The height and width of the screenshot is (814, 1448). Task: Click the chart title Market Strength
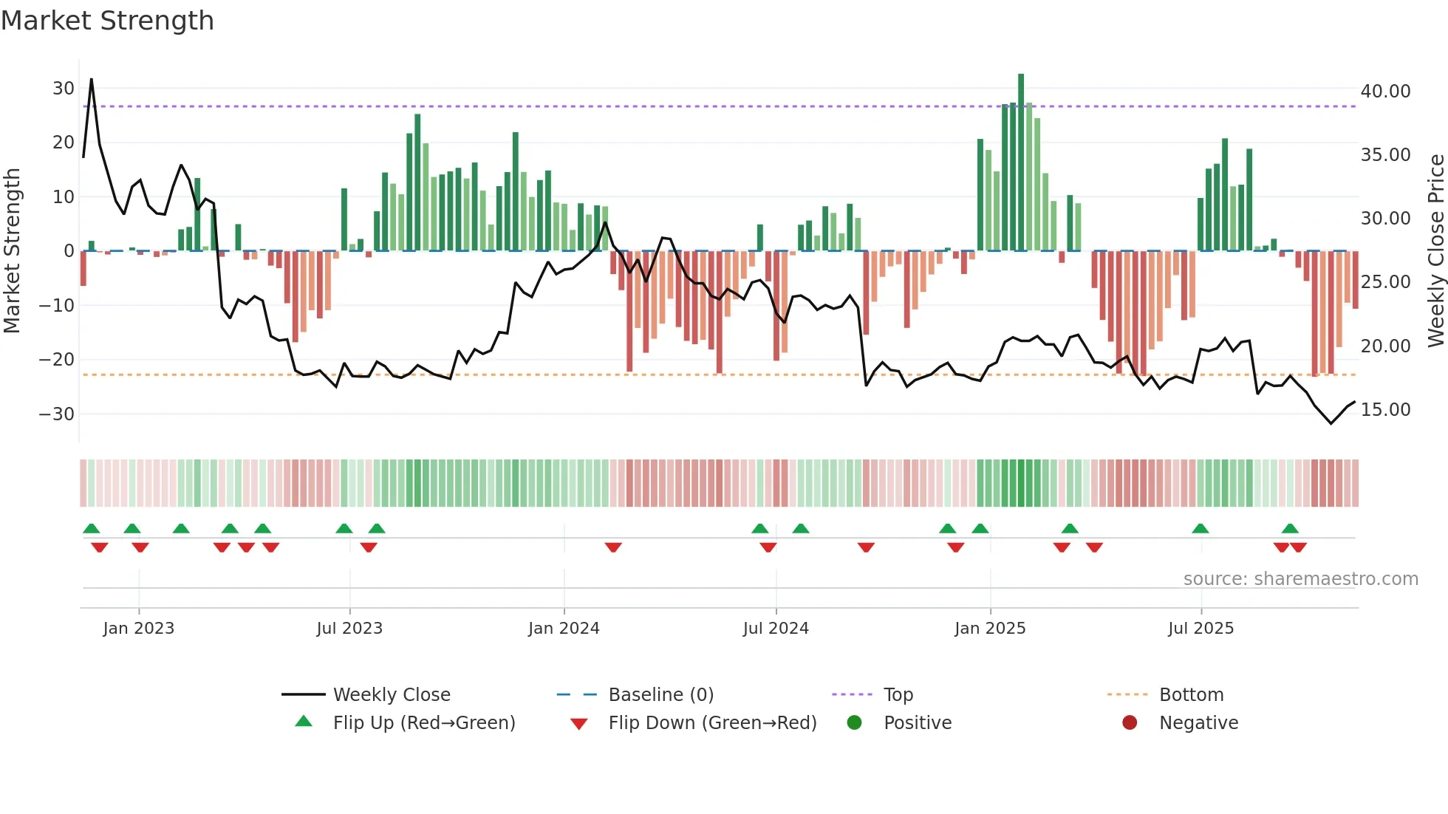pyautogui.click(x=107, y=21)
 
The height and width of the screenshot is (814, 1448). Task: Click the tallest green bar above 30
pyautogui.click(x=1021, y=163)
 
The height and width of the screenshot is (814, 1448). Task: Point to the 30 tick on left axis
pyautogui.click(x=64, y=89)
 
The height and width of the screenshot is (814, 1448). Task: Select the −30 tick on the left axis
pyautogui.click(x=58, y=414)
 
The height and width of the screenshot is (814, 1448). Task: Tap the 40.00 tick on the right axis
pyautogui.click(x=1385, y=92)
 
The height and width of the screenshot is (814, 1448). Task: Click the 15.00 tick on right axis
pyautogui.click(x=1385, y=410)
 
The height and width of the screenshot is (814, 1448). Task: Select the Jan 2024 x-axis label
pyautogui.click(x=564, y=629)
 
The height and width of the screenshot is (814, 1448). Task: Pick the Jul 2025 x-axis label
pyautogui.click(x=1201, y=629)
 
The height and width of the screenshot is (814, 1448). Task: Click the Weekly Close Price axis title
pyautogui.click(x=1435, y=251)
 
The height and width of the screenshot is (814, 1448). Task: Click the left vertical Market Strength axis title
pyautogui.click(x=13, y=251)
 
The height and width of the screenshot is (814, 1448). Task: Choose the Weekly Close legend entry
pyautogui.click(x=391, y=695)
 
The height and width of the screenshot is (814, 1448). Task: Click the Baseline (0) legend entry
pyautogui.click(x=660, y=695)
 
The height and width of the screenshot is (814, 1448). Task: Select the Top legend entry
pyautogui.click(x=898, y=695)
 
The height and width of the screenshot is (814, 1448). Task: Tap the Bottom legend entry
pyautogui.click(x=1191, y=695)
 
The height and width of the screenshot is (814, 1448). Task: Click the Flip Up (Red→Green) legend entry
pyautogui.click(x=423, y=723)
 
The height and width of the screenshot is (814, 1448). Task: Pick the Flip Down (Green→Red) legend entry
pyautogui.click(x=712, y=723)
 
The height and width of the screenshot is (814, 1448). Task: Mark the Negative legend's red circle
pyautogui.click(x=1130, y=722)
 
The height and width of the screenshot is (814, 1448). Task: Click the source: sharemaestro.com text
pyautogui.click(x=1300, y=579)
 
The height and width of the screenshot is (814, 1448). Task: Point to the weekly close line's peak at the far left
pyautogui.click(x=92, y=79)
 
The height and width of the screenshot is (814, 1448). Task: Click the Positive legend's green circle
pyautogui.click(x=855, y=722)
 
